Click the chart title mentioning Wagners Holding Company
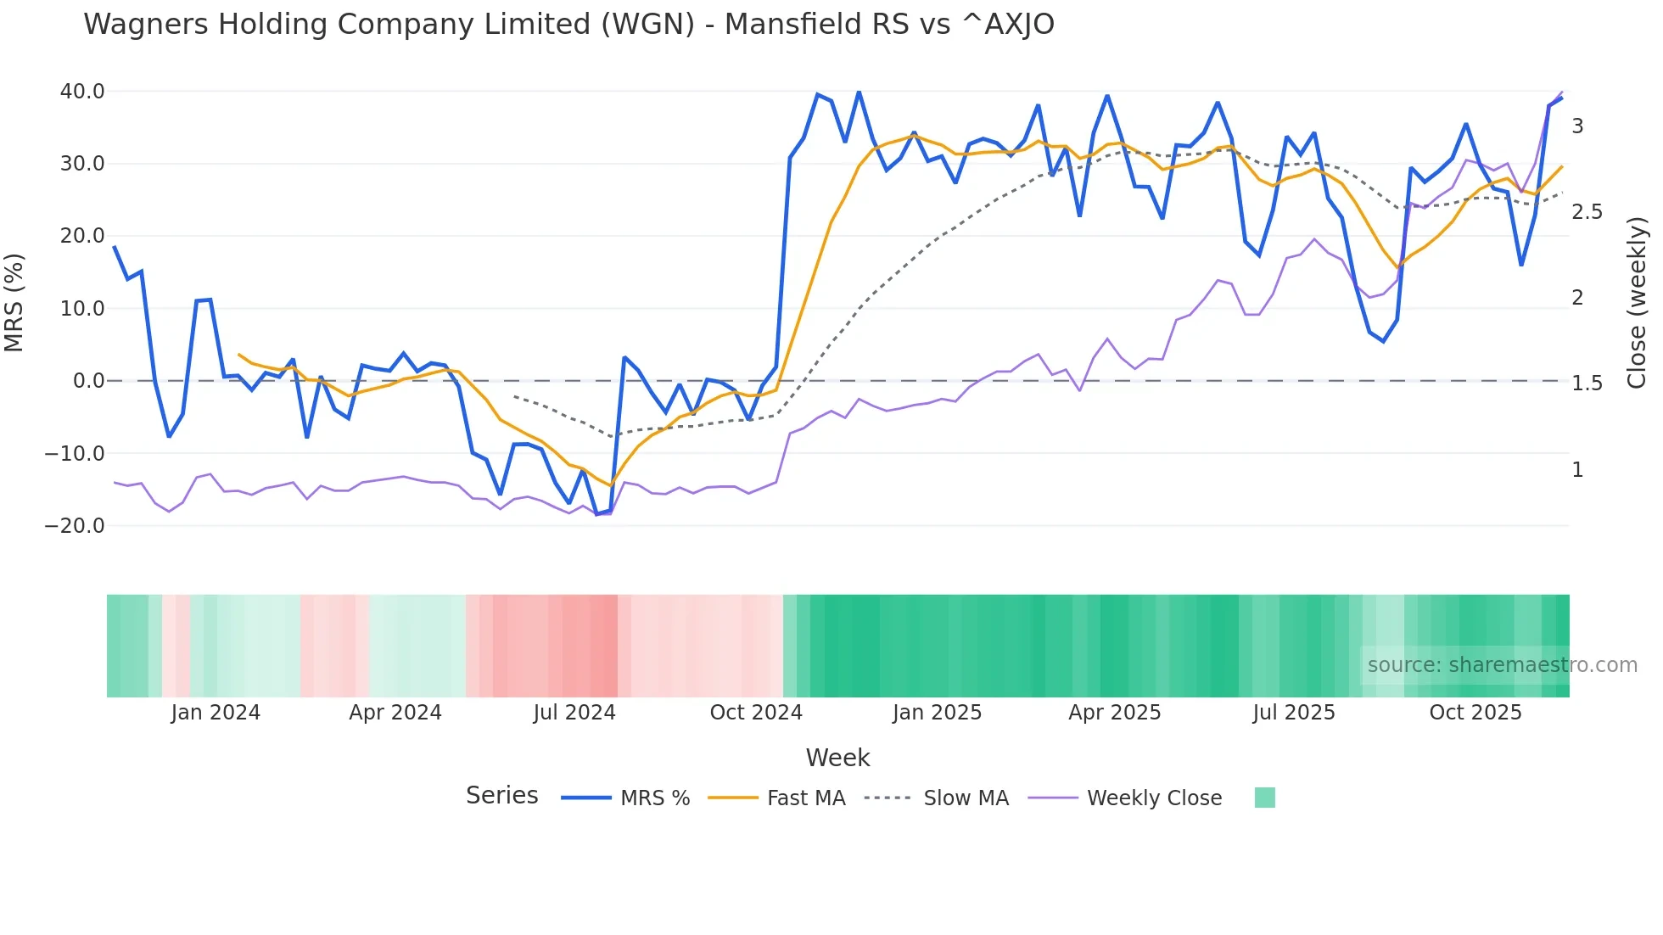568,25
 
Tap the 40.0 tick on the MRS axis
82,92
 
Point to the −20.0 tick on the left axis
75,526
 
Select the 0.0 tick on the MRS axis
88,381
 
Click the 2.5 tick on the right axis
1587,212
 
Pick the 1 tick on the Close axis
1577,470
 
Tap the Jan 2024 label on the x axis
216,713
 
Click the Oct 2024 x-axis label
756,713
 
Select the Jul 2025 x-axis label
1294,713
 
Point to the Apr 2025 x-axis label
1114,713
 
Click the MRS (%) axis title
14,303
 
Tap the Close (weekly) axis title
1638,303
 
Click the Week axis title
837,758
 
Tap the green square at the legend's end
1264,798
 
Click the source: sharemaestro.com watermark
1502,665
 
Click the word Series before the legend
501,796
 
